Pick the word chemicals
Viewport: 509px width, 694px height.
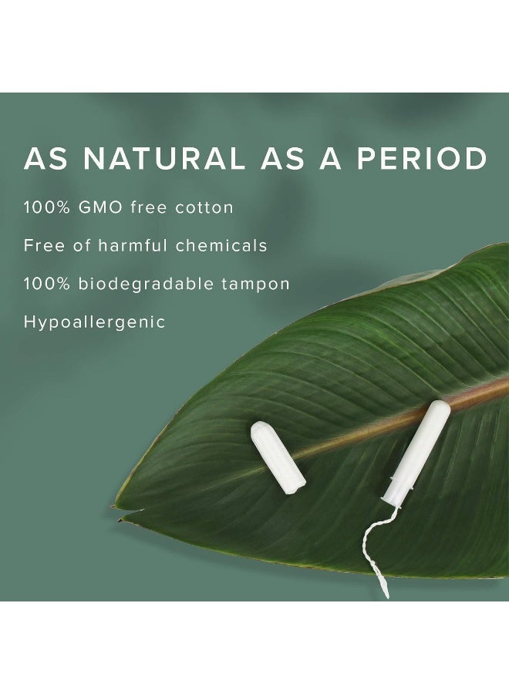click(221, 246)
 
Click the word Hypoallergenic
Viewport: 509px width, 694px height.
click(95, 322)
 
